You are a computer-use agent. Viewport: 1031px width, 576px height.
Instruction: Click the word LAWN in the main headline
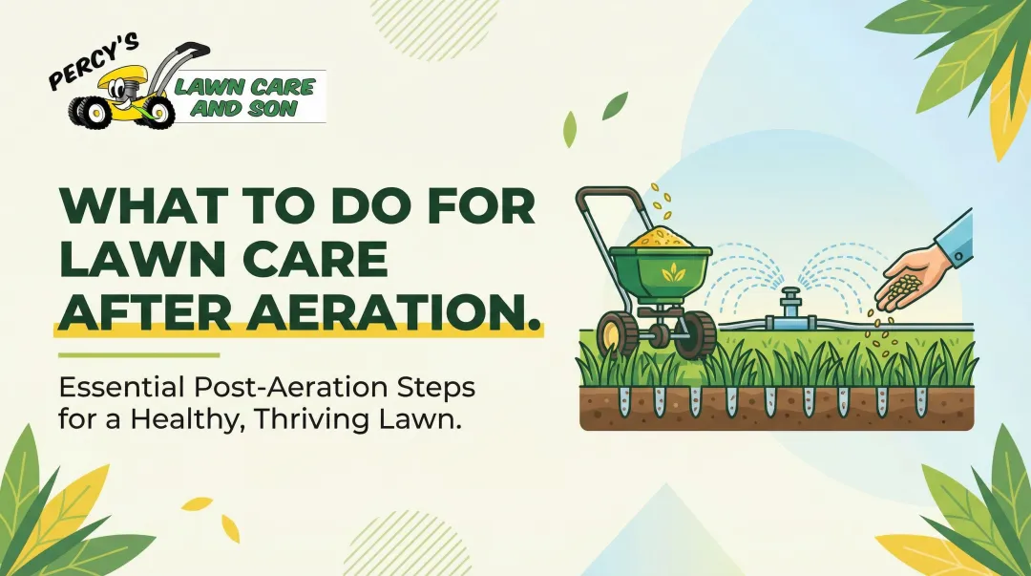tap(123, 261)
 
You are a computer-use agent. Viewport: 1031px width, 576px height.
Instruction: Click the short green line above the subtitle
tap(138, 355)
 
